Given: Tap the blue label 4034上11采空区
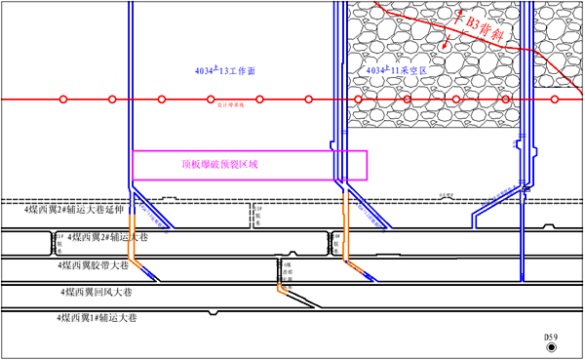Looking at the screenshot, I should coord(397,72).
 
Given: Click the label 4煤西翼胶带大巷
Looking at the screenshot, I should coord(96,263).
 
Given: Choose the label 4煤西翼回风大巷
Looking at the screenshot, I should coord(96,290).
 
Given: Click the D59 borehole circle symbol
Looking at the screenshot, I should coord(552,347).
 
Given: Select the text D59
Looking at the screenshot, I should coord(552,337).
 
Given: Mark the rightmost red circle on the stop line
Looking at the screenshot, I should coord(555,100).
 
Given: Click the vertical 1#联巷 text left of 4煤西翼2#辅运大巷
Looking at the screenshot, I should coord(59,238).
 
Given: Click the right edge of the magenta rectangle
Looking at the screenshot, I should coord(367,165).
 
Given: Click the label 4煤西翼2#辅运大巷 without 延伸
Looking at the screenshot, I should coord(102,236).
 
